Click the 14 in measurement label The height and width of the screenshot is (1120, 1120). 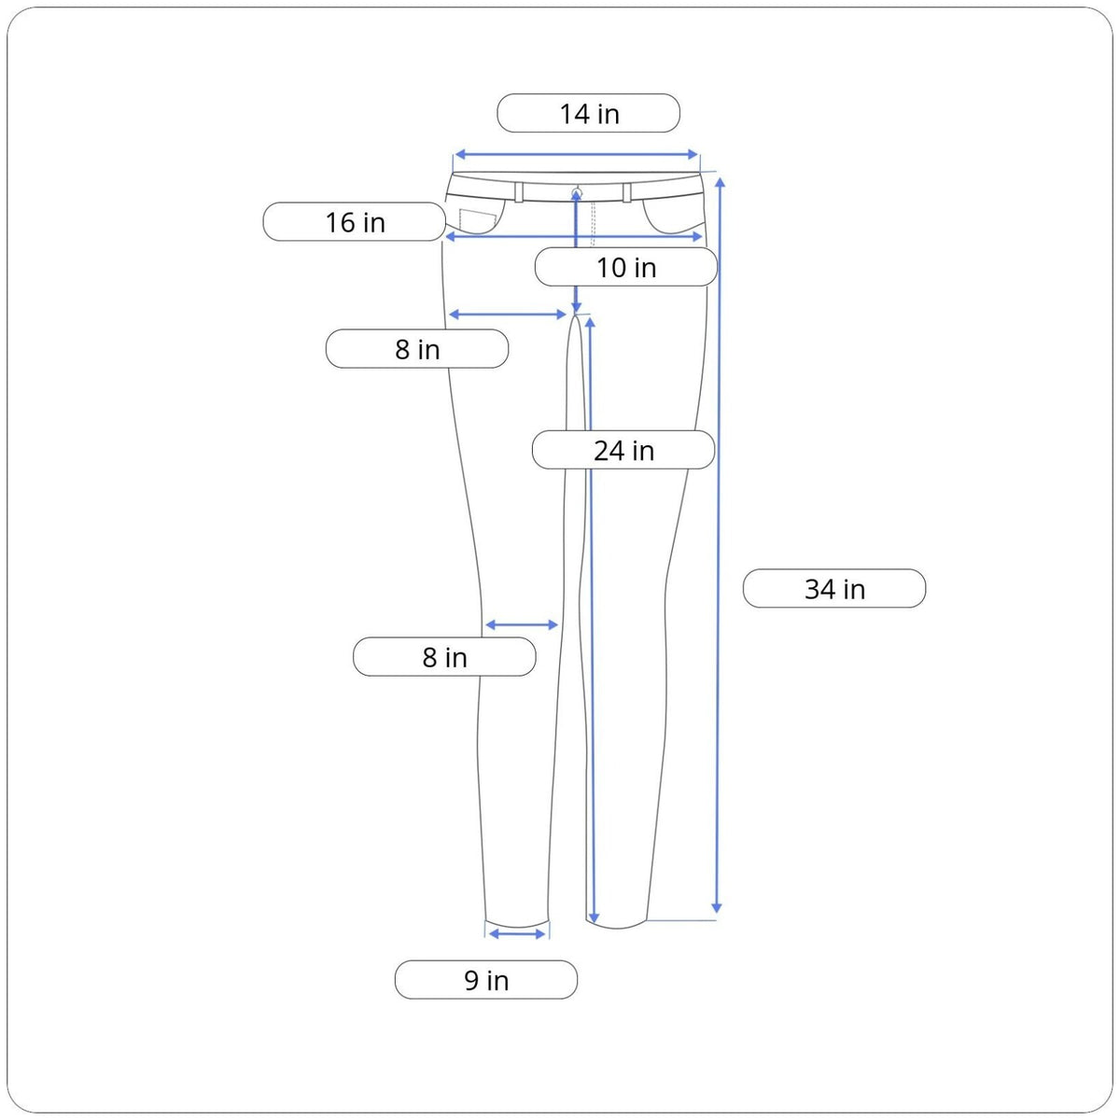click(x=588, y=113)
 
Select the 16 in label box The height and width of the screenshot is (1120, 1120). click(x=354, y=221)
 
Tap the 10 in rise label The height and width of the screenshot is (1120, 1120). click(x=626, y=267)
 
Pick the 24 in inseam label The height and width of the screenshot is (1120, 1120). click(x=623, y=450)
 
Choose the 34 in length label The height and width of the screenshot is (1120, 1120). click(x=834, y=588)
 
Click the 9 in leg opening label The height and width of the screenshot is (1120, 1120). click(x=486, y=979)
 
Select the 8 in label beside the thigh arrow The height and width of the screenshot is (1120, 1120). click(x=416, y=349)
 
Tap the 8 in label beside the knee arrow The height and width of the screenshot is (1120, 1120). click(x=444, y=657)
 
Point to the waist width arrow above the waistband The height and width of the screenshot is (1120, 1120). click(x=576, y=154)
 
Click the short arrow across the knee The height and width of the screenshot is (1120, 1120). click(x=522, y=624)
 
